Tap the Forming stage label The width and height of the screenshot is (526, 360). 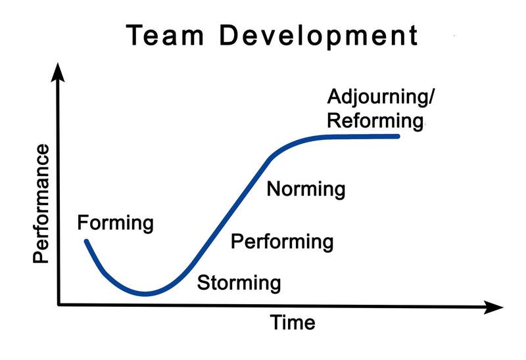tap(115, 223)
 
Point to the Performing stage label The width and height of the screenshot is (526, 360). tap(282, 242)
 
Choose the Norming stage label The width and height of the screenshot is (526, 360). tap(306, 190)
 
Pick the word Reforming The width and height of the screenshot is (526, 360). tap(374, 121)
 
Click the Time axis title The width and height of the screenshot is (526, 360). tap(293, 323)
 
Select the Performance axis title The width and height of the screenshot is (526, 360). tap(41, 204)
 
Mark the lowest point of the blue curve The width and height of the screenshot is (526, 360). tap(146, 294)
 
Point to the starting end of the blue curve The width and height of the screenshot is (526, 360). tap(86, 241)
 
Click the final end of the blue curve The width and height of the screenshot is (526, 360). tap(398, 136)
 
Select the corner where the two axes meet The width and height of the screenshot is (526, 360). tap(59, 305)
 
